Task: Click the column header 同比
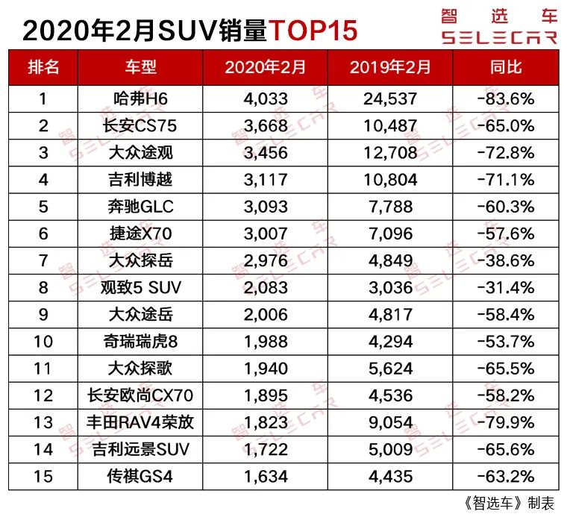[x=505, y=66]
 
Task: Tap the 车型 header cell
[x=140, y=66]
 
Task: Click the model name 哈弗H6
[x=140, y=98]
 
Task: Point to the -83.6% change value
[x=506, y=98]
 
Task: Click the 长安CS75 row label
[x=140, y=125]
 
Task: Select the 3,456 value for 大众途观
[x=266, y=153]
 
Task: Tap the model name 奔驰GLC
[x=140, y=207]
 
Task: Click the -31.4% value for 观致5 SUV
[x=506, y=287]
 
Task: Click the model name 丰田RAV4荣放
[x=140, y=422]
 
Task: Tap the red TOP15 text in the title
[x=313, y=30]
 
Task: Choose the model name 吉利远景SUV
[x=140, y=449]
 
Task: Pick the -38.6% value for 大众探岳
[x=506, y=260]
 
